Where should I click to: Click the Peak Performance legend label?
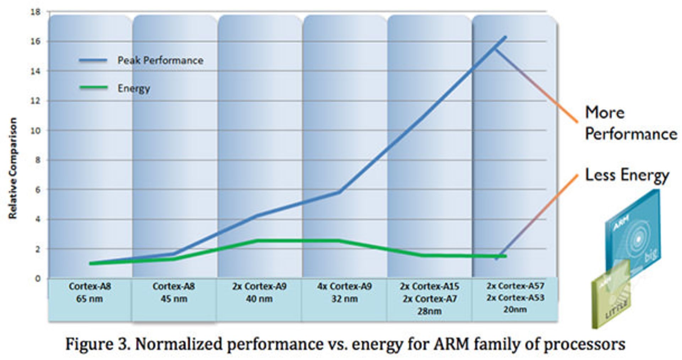pyautogui.click(x=160, y=60)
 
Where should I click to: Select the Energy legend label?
pyautogui.click(x=134, y=88)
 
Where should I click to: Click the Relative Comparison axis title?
pyautogui.click(x=13, y=168)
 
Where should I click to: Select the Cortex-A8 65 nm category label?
pyautogui.click(x=90, y=292)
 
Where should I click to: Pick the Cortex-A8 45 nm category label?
pyautogui.click(x=174, y=292)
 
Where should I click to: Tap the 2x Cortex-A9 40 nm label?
pyautogui.click(x=259, y=292)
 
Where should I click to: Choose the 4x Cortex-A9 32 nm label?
pyautogui.click(x=344, y=292)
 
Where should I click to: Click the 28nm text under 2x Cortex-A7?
pyautogui.click(x=429, y=311)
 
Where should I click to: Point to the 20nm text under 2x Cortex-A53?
pyautogui.click(x=515, y=309)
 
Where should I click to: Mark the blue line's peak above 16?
pyautogui.click(x=505, y=37)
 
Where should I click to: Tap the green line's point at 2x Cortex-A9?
pyautogui.click(x=258, y=241)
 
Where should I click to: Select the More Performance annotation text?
pyautogui.click(x=630, y=123)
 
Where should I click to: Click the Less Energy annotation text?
pyautogui.click(x=627, y=175)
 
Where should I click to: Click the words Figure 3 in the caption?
pyautogui.click(x=97, y=344)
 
